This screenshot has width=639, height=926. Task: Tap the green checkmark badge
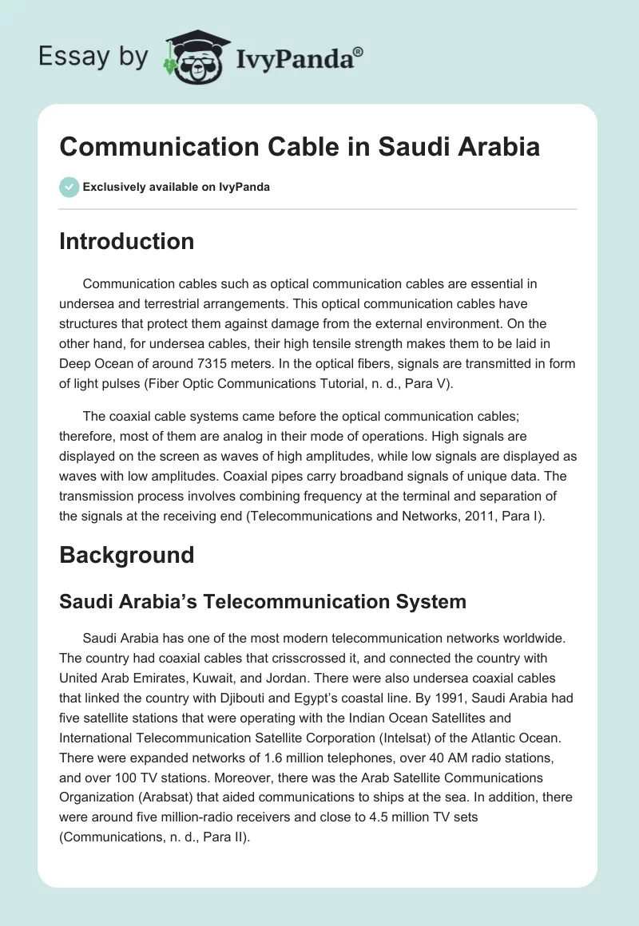[x=69, y=187]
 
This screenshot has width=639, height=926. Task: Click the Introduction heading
[x=126, y=241]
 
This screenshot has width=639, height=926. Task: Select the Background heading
[x=126, y=555]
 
